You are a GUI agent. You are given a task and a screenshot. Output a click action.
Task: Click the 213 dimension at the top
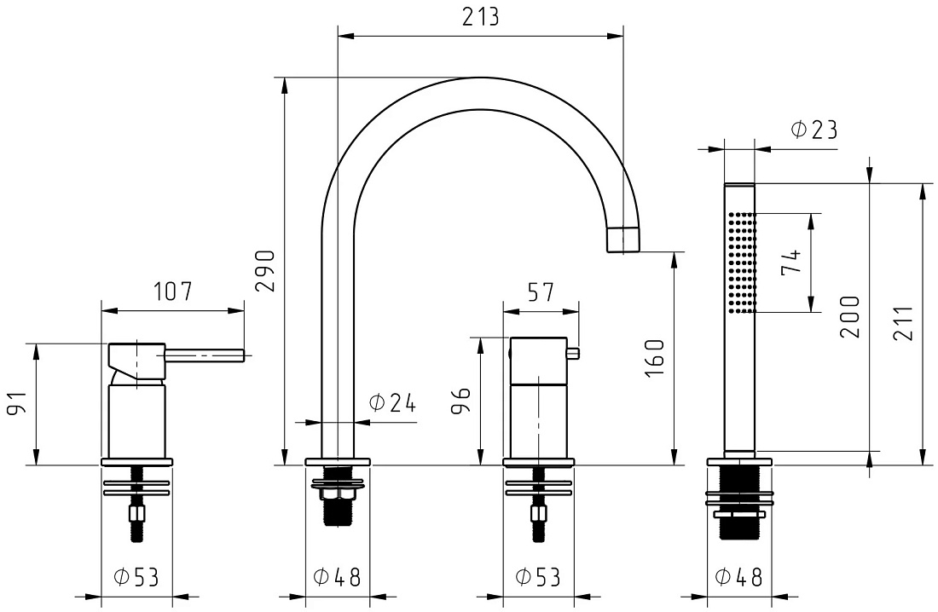point(480,17)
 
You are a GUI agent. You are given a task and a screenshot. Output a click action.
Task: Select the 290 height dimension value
point(265,270)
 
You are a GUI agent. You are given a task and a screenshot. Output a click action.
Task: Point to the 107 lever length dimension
point(173,292)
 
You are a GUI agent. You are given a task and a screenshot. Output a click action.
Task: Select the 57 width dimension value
point(541,292)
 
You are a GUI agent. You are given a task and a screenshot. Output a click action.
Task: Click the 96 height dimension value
point(461,401)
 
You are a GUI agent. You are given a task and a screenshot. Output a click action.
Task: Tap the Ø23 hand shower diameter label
point(814,130)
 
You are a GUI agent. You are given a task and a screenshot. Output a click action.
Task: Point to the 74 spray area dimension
point(790,262)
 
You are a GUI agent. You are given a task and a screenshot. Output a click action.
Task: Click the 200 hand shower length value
point(849,317)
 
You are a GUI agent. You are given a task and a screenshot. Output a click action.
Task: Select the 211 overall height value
point(903,323)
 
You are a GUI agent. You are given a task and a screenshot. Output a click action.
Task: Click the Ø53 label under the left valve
point(136,577)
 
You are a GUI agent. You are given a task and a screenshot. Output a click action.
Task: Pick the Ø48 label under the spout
point(338,577)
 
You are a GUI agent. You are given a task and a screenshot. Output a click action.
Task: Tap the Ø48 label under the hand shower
point(738,577)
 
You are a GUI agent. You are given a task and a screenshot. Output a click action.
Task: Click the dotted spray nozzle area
point(742,262)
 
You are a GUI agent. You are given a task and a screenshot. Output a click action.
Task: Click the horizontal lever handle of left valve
point(204,356)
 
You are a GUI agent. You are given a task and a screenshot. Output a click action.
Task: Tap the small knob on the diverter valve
point(573,353)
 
